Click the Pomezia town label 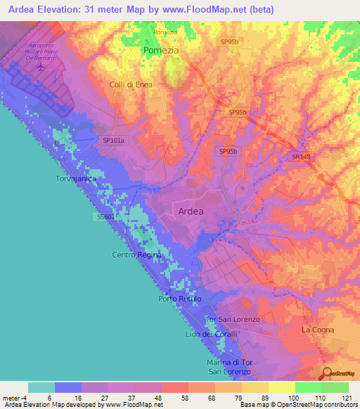click(161, 51)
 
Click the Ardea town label click(191, 211)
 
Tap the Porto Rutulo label click(180, 299)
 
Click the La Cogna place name click(318, 329)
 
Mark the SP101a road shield click(113, 141)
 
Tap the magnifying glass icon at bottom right click(327, 372)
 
